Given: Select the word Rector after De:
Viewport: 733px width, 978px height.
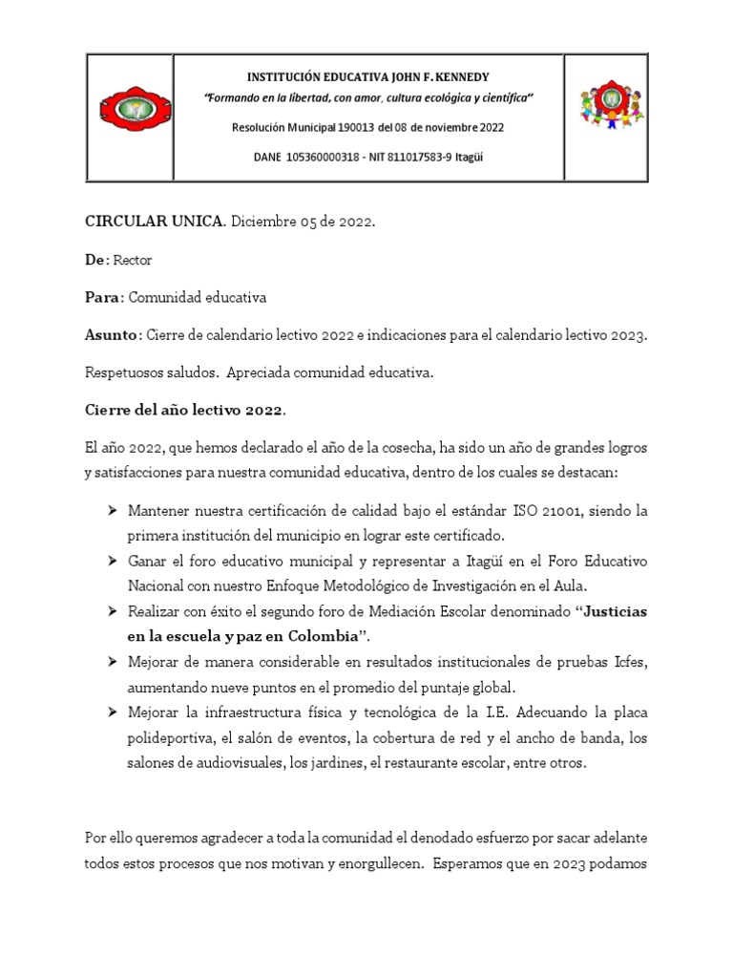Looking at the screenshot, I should (134, 260).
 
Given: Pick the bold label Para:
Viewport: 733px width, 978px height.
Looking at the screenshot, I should (105, 298).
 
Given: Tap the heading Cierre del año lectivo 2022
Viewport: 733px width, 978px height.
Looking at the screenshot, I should (184, 410).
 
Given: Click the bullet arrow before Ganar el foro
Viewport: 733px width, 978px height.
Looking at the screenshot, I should (114, 559).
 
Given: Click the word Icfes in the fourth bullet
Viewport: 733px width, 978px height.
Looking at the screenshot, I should (627, 661).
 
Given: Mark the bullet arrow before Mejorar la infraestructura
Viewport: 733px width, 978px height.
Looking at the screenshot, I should (114, 713).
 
